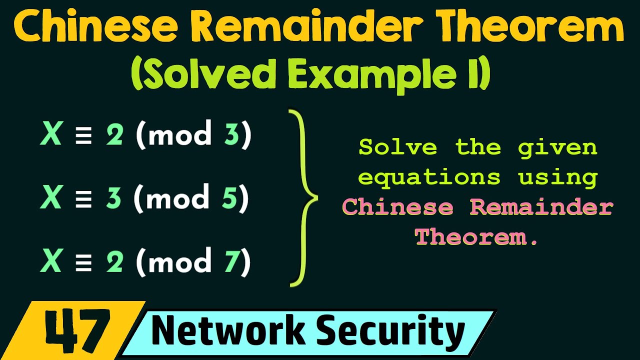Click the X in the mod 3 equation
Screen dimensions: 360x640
point(51,135)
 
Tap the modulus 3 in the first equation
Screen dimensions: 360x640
point(231,135)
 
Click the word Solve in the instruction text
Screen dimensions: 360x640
point(397,147)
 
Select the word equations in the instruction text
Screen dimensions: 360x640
point(429,177)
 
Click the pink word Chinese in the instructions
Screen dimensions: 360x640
point(397,207)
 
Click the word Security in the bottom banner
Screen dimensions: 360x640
point(390,331)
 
